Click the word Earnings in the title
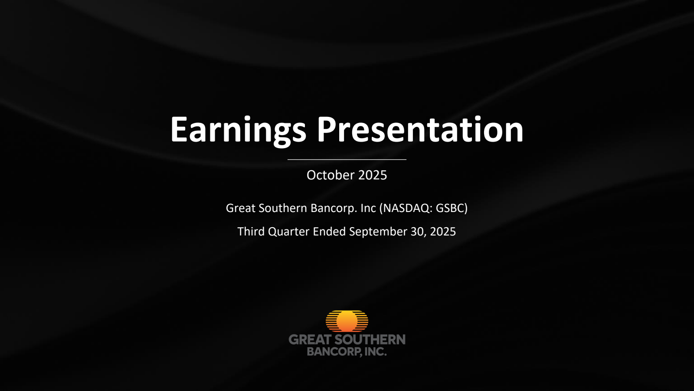pos(238,130)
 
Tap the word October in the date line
pos(331,175)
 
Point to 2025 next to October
pos(373,175)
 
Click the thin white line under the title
pos(347,159)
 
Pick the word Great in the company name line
pos(241,208)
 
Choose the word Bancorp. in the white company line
pos(334,209)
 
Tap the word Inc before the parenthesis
pos(368,208)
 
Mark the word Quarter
pos(288,232)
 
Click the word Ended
pos(329,232)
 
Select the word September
pos(378,232)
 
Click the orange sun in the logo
pos(347,321)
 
